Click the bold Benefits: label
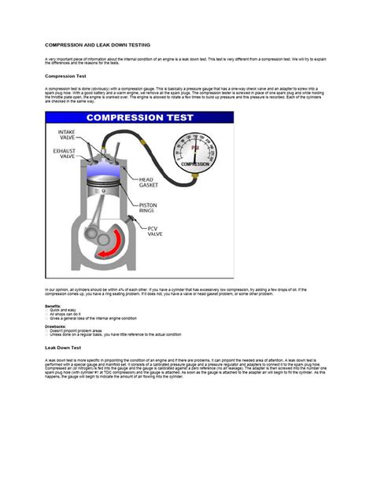(53, 305)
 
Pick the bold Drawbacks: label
(55, 324)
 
